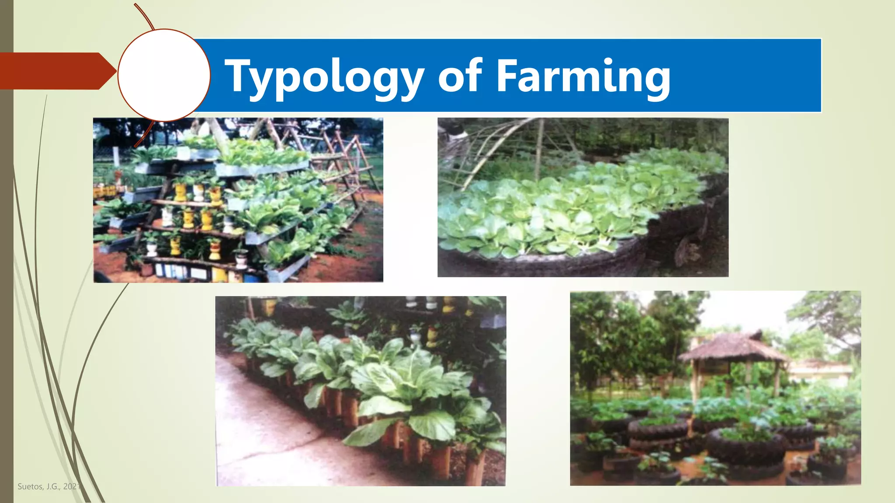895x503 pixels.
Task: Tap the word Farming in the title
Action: click(583, 77)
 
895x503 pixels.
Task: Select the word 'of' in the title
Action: click(460, 76)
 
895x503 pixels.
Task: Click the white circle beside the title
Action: click(164, 75)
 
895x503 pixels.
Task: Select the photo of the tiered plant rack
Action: click(238, 200)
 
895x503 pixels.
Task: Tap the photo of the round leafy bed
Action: click(583, 197)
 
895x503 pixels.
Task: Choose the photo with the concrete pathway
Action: click(361, 391)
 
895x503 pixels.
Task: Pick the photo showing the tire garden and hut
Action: click(715, 388)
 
